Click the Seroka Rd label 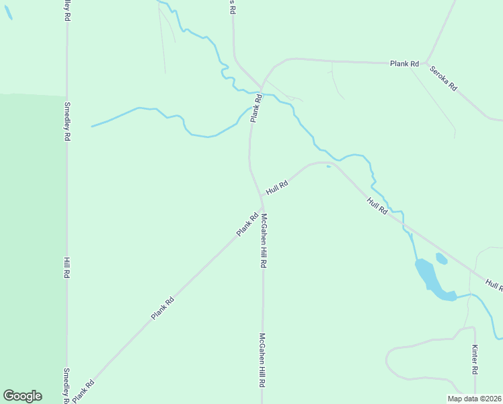(x=443, y=78)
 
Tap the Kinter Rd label (x=475, y=360)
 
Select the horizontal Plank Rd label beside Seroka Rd (x=404, y=64)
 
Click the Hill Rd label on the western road (x=67, y=268)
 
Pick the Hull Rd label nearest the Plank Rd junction (x=276, y=187)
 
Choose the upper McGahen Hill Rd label (x=264, y=241)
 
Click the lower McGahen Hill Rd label (x=263, y=361)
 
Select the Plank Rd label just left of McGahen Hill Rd (x=247, y=225)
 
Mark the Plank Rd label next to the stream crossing (x=256, y=108)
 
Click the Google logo (x=22, y=396)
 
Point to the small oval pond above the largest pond (x=441, y=258)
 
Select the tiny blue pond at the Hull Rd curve (x=328, y=167)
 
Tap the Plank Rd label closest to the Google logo (x=83, y=391)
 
